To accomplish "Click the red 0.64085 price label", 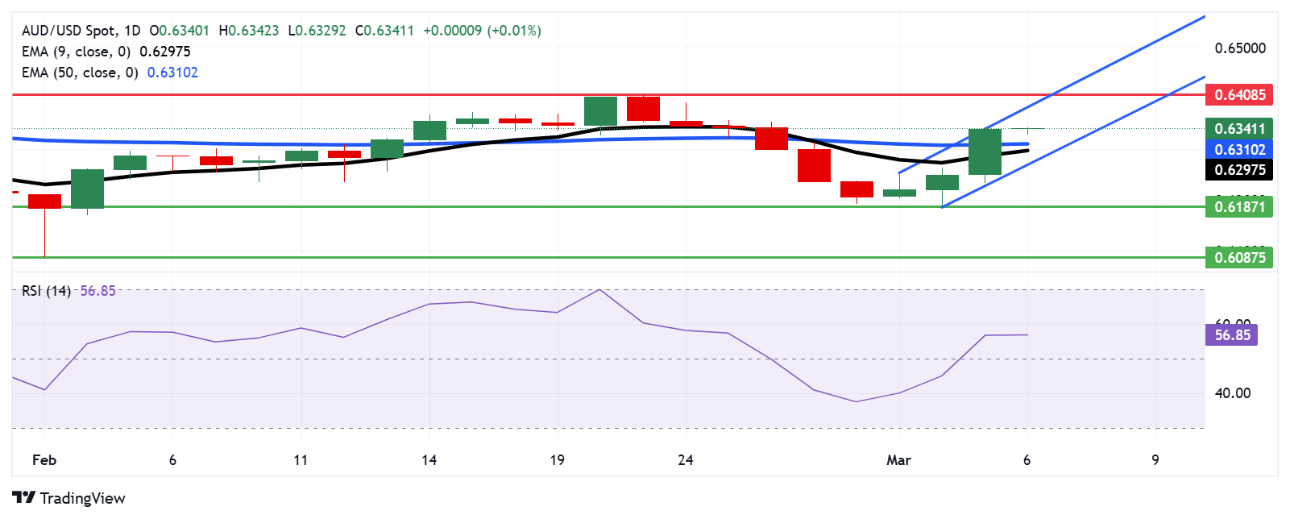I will point(1239,95).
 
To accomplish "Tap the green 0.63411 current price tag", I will point(1239,129).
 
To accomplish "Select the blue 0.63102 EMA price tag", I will point(1239,150).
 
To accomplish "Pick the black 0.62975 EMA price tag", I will point(1239,170).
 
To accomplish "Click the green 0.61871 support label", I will point(1239,207).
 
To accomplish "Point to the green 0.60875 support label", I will point(1239,258).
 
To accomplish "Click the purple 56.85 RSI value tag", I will point(1232,334).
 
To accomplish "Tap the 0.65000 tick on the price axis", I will point(1239,48).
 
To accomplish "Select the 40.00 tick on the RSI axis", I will point(1232,393).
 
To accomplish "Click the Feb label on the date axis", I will point(44,460).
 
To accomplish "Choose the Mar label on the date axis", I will point(898,460).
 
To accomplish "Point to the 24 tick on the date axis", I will point(686,460).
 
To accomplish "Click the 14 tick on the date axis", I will point(429,460).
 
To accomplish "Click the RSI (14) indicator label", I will point(46,291).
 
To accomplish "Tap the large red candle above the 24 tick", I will point(643,108).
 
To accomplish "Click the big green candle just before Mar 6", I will point(985,152).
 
